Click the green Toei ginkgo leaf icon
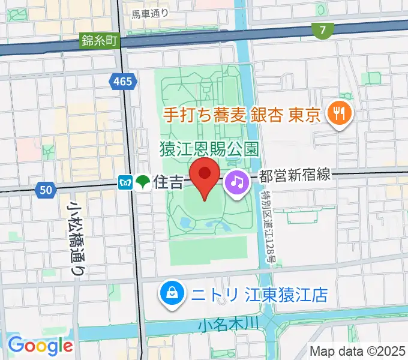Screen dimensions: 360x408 [x=143, y=182]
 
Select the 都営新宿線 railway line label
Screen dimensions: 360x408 [x=295, y=176]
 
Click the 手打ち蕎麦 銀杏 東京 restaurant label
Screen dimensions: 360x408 [x=239, y=115]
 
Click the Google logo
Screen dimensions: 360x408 [x=40, y=346]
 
